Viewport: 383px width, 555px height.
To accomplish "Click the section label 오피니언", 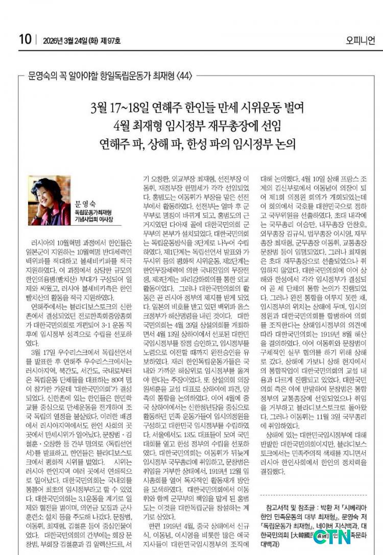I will point(361,39).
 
